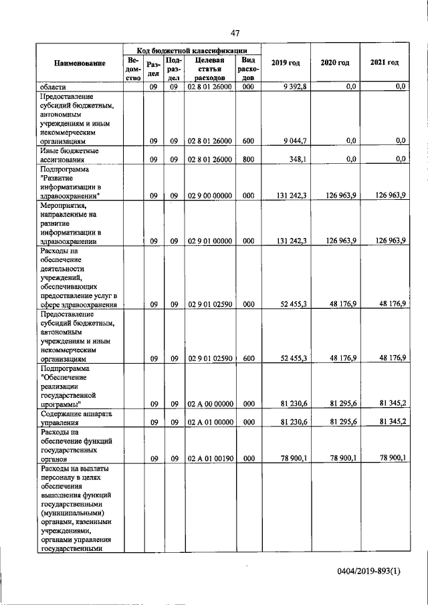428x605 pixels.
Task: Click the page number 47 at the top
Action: click(x=235, y=33)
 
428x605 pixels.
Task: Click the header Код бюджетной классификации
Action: click(x=193, y=49)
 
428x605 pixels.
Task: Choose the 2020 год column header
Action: click(x=335, y=63)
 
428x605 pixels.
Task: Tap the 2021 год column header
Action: click(x=385, y=63)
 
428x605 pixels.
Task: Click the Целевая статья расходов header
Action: click(x=209, y=69)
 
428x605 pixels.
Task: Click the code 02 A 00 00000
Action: click(x=209, y=404)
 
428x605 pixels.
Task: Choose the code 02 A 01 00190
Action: click(x=209, y=459)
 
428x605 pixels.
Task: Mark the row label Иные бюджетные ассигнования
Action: click(x=61, y=173)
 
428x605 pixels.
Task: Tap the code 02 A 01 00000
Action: click(x=209, y=422)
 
